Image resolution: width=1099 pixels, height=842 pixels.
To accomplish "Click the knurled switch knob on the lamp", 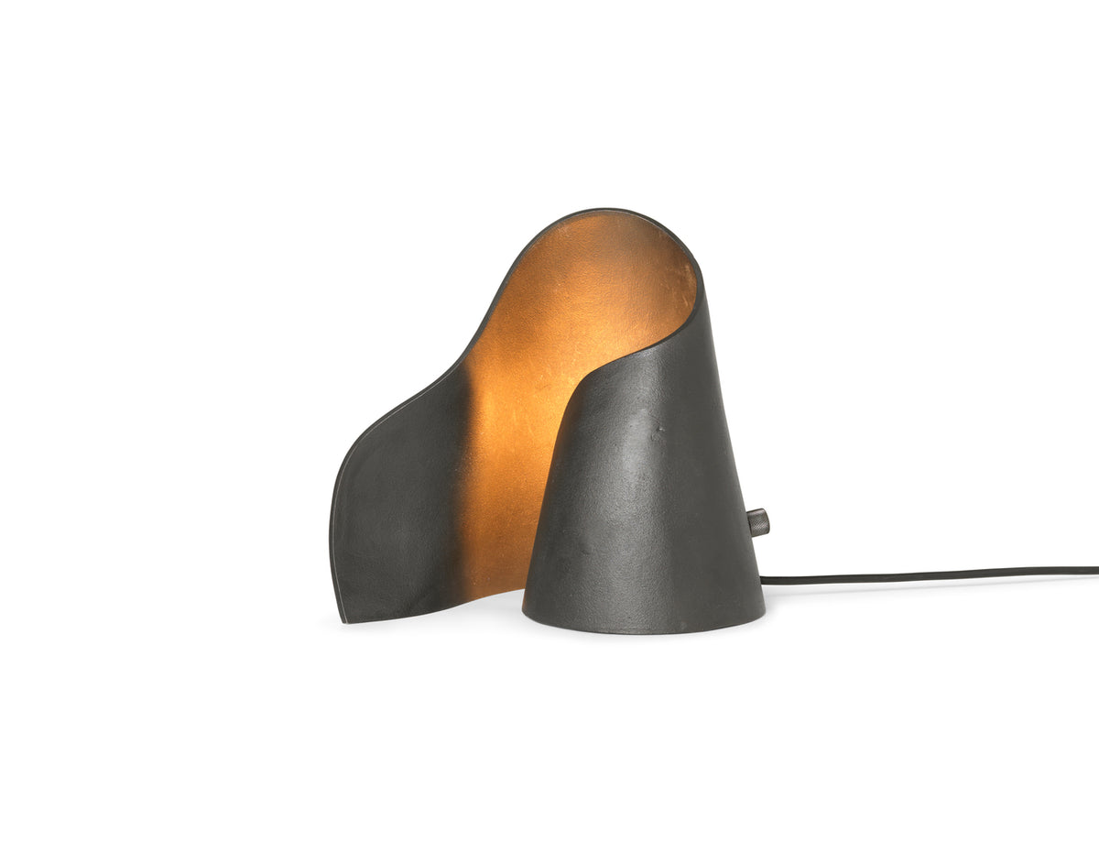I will [x=759, y=523].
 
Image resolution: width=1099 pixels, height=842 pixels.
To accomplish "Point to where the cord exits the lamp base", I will [x=763, y=578].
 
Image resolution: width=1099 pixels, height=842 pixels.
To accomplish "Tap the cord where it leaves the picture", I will [x=1095, y=570].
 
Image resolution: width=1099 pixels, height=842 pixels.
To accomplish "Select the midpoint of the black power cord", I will [x=930, y=574].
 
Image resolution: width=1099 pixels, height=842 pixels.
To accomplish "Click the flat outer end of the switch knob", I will [x=767, y=523].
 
